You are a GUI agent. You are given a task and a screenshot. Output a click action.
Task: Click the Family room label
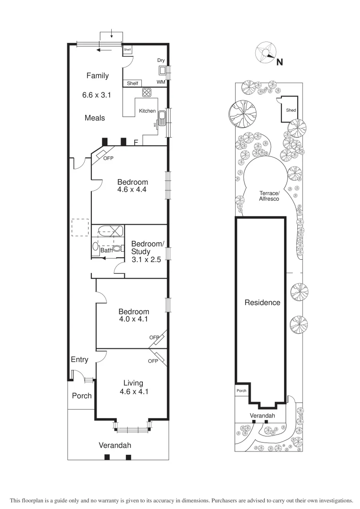98,75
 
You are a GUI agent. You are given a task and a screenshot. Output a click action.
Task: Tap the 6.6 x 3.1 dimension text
96,95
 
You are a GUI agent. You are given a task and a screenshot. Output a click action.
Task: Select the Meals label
95,118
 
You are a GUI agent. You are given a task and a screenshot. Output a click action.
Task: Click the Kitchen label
147,111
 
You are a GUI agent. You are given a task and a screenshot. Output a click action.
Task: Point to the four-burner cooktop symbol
147,92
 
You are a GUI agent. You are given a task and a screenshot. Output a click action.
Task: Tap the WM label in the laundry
161,82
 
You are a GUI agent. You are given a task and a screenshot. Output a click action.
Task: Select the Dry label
161,60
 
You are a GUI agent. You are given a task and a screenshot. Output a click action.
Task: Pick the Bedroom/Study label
147,247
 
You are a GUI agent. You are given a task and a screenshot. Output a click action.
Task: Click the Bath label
106,251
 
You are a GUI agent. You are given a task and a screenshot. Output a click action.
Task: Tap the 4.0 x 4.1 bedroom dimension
133,319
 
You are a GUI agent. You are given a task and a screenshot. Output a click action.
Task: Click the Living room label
133,383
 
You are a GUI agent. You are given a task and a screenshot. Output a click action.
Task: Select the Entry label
80,360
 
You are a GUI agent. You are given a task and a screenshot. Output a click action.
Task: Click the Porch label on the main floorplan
82,395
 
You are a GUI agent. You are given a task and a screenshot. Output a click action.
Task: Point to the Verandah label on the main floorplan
115,445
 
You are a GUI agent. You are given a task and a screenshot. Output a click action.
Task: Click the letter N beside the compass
279,62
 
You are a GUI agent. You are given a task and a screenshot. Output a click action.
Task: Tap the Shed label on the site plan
291,110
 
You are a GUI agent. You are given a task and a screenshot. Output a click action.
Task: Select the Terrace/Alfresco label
269,196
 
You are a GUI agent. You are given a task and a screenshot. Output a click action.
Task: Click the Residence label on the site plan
262,303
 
